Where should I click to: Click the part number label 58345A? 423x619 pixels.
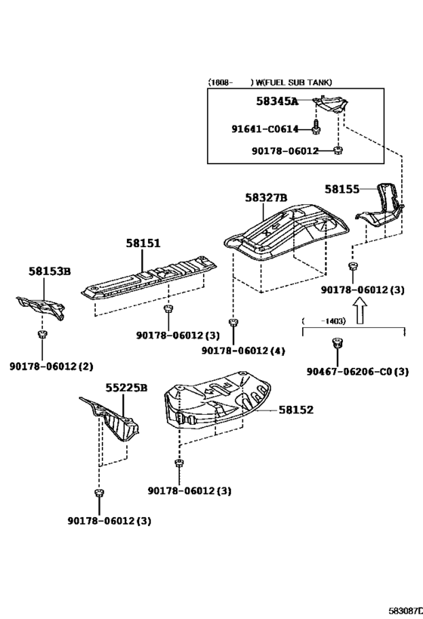(x=277, y=101)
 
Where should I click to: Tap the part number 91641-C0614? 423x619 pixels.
(x=265, y=128)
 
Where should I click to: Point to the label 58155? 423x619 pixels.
(x=342, y=190)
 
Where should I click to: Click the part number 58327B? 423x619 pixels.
(x=266, y=197)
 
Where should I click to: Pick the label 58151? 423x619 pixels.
(x=144, y=243)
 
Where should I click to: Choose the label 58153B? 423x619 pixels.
(x=50, y=271)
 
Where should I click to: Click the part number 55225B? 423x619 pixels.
(x=126, y=388)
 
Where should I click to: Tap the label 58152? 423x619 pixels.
(x=296, y=410)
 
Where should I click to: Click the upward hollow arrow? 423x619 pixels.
(x=360, y=311)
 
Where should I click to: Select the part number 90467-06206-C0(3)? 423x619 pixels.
(x=357, y=372)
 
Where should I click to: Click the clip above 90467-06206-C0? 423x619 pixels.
(x=337, y=342)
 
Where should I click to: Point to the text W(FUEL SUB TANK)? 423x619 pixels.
(x=294, y=82)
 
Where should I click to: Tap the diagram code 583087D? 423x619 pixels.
(x=404, y=611)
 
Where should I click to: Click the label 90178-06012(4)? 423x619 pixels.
(x=243, y=351)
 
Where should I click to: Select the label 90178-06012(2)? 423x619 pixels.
(x=51, y=367)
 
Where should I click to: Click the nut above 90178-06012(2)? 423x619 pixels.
(x=42, y=334)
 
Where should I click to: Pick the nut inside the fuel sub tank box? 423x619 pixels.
(x=338, y=150)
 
